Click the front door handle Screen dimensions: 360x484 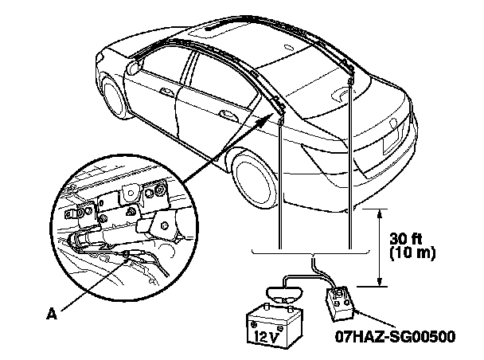pos(170,94)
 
